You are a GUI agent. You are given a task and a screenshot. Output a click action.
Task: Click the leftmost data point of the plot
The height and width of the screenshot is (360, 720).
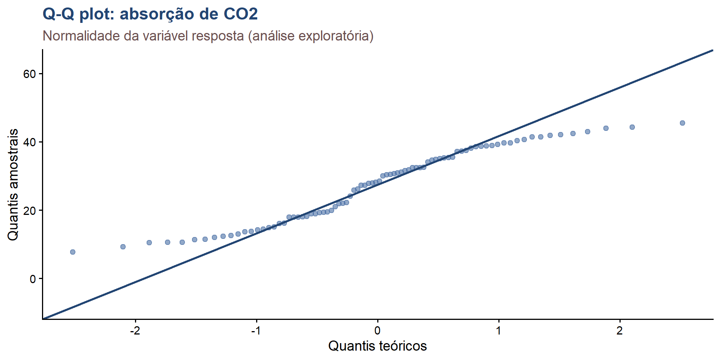73,252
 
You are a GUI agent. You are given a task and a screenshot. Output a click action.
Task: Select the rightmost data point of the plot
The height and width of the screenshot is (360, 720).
682,123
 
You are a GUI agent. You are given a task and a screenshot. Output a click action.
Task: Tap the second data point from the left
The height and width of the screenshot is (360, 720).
123,247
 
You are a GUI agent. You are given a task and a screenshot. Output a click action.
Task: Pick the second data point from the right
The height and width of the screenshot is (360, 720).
632,127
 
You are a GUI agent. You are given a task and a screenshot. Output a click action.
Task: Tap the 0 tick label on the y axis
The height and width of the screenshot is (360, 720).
33,279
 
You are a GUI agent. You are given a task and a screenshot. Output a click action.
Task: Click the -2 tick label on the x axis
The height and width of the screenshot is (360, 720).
135,331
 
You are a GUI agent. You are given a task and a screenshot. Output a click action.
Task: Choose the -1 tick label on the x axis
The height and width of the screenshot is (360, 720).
256,331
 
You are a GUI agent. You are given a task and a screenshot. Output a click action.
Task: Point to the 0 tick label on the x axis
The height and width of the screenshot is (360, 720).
378,331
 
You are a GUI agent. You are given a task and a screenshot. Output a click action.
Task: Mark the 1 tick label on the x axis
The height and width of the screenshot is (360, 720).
499,331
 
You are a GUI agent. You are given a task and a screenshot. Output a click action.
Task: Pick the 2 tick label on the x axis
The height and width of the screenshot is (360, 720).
620,331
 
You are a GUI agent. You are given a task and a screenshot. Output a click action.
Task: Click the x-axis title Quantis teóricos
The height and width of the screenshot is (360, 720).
378,346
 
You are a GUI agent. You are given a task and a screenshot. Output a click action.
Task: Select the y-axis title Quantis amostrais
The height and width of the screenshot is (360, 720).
13,184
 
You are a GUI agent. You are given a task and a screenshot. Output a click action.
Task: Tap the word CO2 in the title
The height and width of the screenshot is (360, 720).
241,14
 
